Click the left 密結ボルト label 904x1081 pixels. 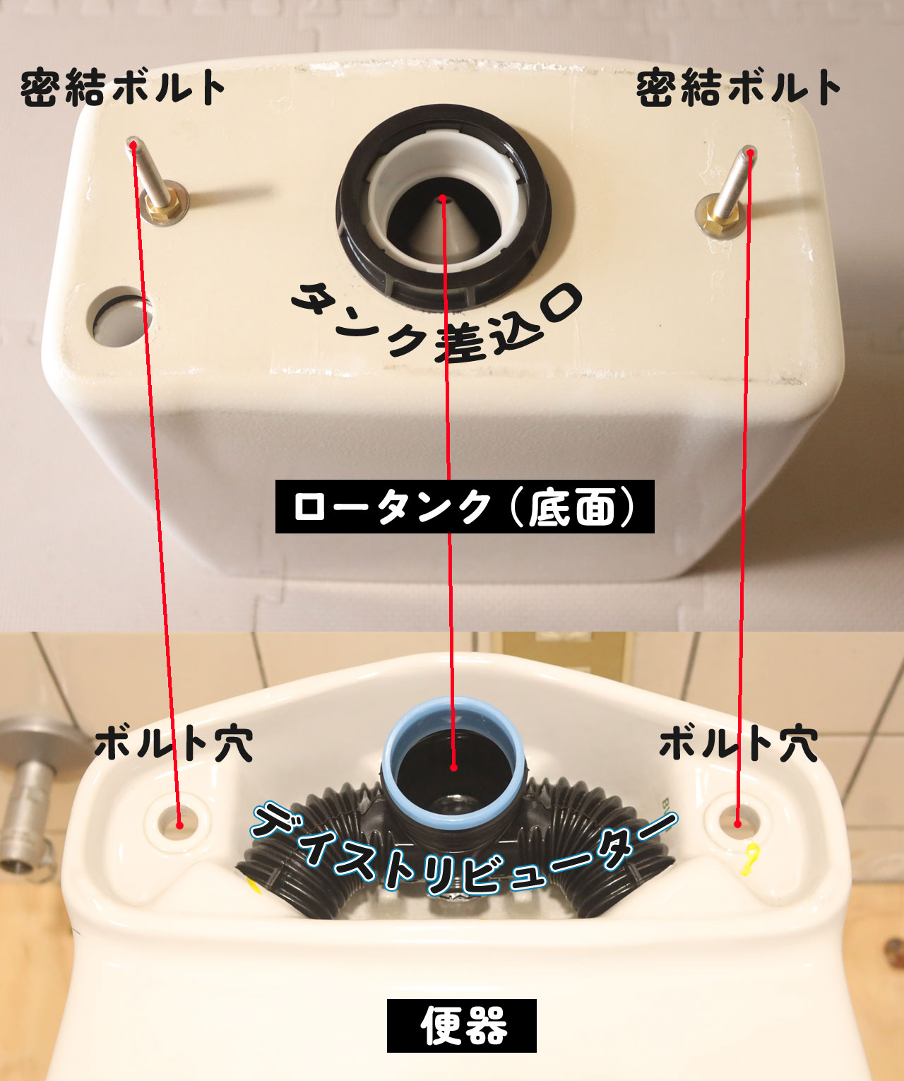pos(123,88)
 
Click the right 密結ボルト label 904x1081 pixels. pos(739,88)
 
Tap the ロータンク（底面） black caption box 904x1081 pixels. pos(465,507)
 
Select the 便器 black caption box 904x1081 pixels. pos(462,1026)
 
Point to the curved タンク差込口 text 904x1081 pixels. pos(437,324)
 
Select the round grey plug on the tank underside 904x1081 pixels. pos(120,317)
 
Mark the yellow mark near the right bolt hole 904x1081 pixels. pos(751,860)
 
